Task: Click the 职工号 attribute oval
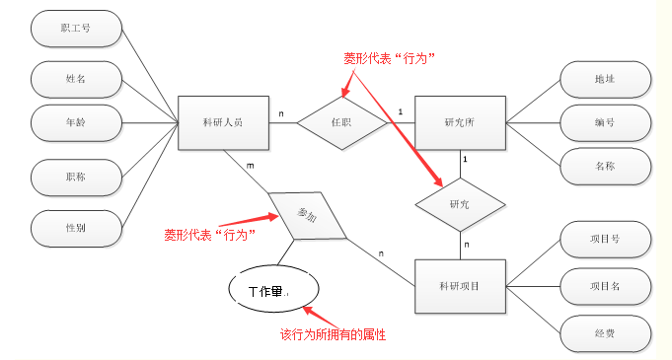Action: pos(76,30)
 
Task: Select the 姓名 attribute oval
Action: pos(76,77)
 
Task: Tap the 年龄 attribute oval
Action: pos(76,122)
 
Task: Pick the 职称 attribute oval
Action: pos(76,176)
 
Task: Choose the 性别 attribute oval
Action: pos(76,227)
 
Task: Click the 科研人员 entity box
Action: pos(223,122)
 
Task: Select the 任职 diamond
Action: pos(341,122)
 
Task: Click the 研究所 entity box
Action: pos(460,122)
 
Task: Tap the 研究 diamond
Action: pos(460,204)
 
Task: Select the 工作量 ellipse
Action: pos(275,290)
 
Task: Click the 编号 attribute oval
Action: pos(605,122)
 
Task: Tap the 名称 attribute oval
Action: pos(605,166)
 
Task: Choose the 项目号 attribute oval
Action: pos(605,239)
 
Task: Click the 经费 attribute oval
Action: pos(605,332)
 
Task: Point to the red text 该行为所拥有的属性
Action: pos(333,335)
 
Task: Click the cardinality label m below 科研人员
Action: pos(250,165)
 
